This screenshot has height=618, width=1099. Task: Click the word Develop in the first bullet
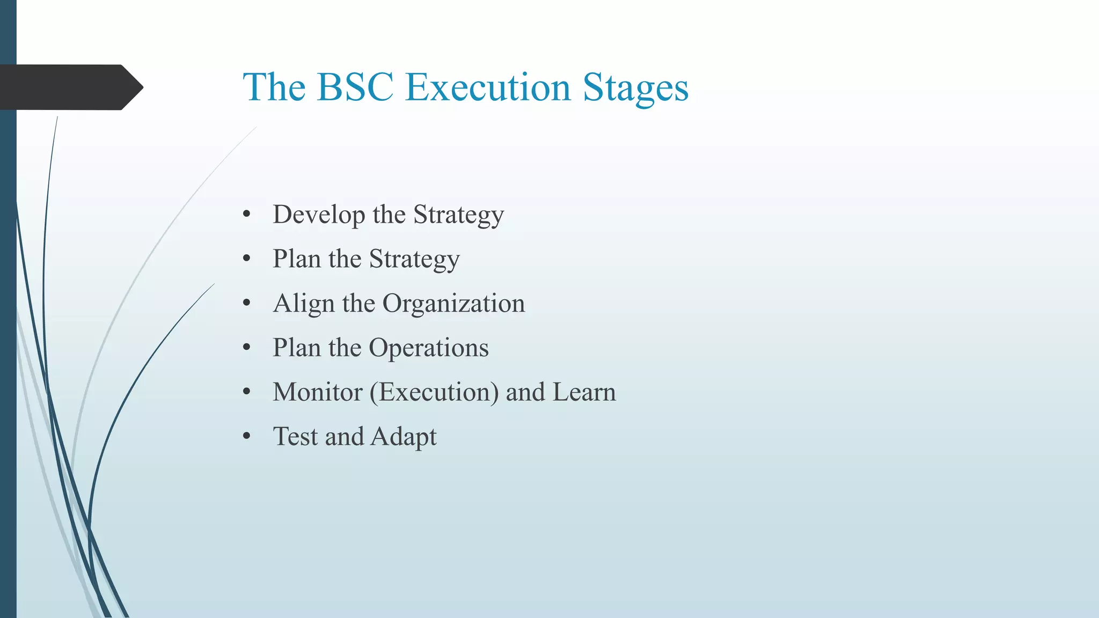319,215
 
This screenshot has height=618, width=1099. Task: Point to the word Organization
453,304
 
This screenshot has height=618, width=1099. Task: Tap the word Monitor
317,392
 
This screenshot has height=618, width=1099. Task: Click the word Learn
584,392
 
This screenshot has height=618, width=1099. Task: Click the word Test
295,437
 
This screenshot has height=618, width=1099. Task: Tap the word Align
304,304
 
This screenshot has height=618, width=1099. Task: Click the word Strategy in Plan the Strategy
414,260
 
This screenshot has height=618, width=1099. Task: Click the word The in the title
274,87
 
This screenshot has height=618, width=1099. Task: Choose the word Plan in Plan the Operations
296,348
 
